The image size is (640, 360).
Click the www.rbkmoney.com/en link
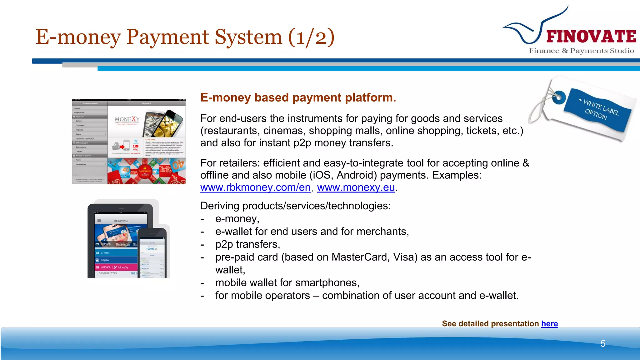(x=255, y=187)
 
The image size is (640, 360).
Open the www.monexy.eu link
(x=356, y=187)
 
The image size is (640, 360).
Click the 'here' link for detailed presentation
(x=549, y=324)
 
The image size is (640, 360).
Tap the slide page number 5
(x=603, y=344)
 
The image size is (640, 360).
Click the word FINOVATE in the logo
(x=591, y=37)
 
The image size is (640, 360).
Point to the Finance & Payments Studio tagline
(x=582, y=51)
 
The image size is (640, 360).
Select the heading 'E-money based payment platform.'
(x=298, y=97)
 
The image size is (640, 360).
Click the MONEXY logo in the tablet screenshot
(x=127, y=120)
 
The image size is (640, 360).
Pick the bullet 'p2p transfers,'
(x=247, y=244)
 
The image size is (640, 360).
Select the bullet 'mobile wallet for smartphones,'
(x=287, y=283)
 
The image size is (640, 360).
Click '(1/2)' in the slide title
(x=311, y=37)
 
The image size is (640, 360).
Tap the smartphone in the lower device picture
(x=152, y=253)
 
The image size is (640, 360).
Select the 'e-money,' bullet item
(x=237, y=219)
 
